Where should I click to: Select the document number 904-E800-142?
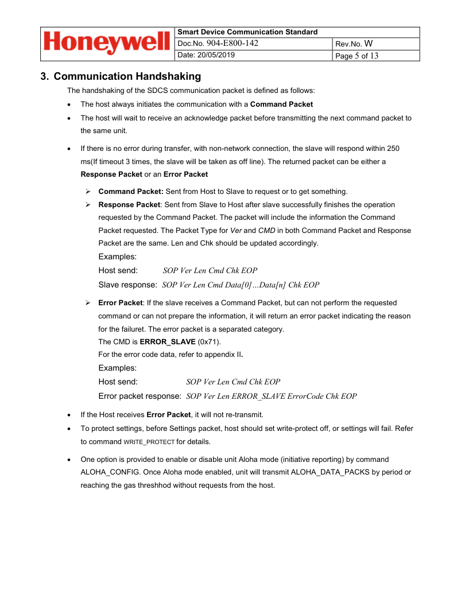[232, 44]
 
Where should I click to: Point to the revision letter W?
[369, 44]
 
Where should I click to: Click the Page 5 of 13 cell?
[357, 56]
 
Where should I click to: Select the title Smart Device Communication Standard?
[248, 32]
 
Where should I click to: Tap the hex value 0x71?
[208, 341]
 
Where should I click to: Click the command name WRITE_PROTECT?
[149, 442]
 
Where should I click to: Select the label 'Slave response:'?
[128, 285]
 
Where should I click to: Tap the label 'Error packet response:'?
[140, 396]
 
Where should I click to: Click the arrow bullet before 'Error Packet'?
[88, 302]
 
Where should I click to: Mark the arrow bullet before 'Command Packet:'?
[88, 192]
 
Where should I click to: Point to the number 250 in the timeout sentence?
[393, 148]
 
